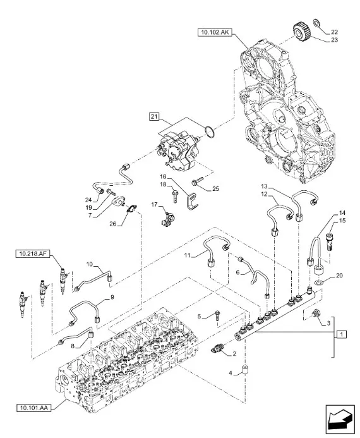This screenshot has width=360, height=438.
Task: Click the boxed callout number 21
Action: pos(155,116)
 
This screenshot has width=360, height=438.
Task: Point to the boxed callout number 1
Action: pos(340,333)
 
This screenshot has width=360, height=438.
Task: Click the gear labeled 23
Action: pos(301,32)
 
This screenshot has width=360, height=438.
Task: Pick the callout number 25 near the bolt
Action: pos(215,188)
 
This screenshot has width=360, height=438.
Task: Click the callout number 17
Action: pos(153,204)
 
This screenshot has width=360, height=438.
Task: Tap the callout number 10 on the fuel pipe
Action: pos(89,264)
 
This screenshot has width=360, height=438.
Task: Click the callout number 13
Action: pos(265,186)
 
